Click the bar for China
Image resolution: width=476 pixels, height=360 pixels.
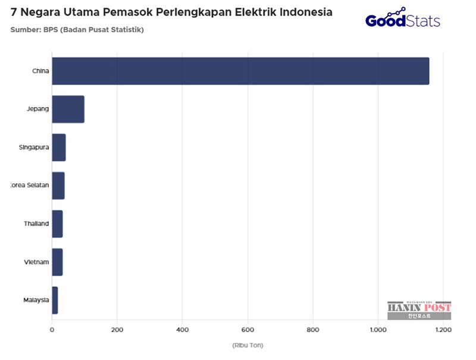[x=240, y=71]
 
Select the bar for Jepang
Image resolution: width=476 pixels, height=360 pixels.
[x=68, y=109]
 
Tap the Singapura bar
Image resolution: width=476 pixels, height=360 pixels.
[x=59, y=148]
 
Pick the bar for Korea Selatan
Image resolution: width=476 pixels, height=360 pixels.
[x=58, y=186]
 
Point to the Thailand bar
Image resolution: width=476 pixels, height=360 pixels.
[x=57, y=224]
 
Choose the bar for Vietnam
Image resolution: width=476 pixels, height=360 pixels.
[x=57, y=262]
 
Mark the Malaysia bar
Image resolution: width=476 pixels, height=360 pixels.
[x=55, y=300]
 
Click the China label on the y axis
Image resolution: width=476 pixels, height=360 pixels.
[x=40, y=71]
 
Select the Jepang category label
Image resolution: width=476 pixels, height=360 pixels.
[x=37, y=109]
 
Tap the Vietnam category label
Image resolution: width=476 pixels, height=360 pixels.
[x=36, y=262]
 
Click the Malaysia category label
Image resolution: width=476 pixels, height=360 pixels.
[x=36, y=300]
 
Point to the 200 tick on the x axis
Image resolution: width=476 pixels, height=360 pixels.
[x=117, y=329]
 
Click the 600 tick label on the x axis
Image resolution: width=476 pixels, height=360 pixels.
[x=248, y=329]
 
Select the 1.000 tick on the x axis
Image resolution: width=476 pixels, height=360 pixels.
[x=378, y=329]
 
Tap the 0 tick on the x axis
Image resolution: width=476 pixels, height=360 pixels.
[x=52, y=329]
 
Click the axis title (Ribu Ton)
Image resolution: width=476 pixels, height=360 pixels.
[x=248, y=345]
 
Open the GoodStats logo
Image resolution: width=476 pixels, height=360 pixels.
[x=403, y=19]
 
